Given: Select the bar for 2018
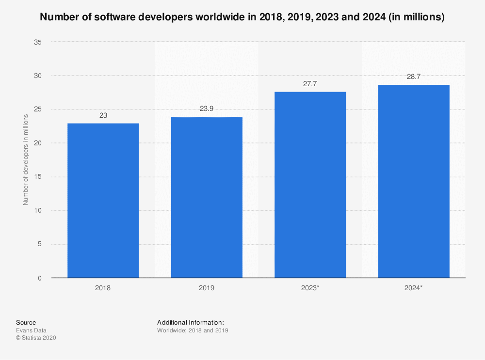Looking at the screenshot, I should pos(103,201).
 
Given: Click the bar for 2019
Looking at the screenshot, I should pos(207,197).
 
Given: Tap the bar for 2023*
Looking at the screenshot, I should pos(310,185).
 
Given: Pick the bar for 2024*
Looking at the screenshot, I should pos(414,181).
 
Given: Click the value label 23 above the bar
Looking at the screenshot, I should pos(103,116).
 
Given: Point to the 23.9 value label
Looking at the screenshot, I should pos(207,109).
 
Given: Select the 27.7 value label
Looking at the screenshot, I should pos(310,84).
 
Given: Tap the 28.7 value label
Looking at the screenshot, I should pos(414,77).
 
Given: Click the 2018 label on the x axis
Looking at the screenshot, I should pos(103,288).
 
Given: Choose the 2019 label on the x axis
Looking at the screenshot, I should pos(207,288).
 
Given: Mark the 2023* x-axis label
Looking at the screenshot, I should pos(310,288).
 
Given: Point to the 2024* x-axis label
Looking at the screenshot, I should pos(414,288).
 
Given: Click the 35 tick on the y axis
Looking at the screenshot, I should pos(38,42).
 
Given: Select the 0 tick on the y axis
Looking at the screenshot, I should pos(40,278).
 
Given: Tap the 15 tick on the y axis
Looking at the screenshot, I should pos(38,177).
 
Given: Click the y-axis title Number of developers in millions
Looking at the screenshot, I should pos(26,160).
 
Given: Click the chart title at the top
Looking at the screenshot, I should pos(242,17).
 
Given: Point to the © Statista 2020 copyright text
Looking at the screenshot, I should pos(36,338).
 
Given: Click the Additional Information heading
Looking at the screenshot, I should pos(190,322).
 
